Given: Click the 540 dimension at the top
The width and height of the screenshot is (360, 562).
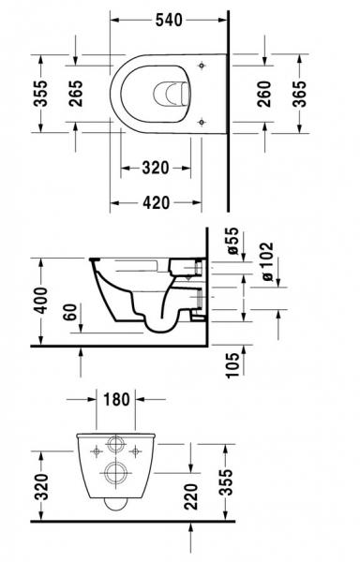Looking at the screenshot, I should [169, 19].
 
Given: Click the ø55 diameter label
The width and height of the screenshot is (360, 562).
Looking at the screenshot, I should [233, 243].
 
